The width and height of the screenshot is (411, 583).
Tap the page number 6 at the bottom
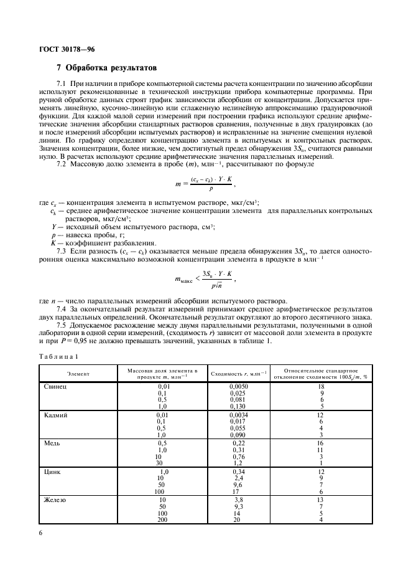pyautogui.click(x=41, y=533)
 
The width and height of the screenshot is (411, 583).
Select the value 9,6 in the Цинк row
pyautogui.click(x=237, y=485)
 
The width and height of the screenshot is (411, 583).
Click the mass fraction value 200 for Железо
pyautogui.click(x=163, y=519)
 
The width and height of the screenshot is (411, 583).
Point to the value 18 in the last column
pyautogui.click(x=321, y=387)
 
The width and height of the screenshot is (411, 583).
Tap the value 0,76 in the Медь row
pyautogui.click(x=238, y=457)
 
